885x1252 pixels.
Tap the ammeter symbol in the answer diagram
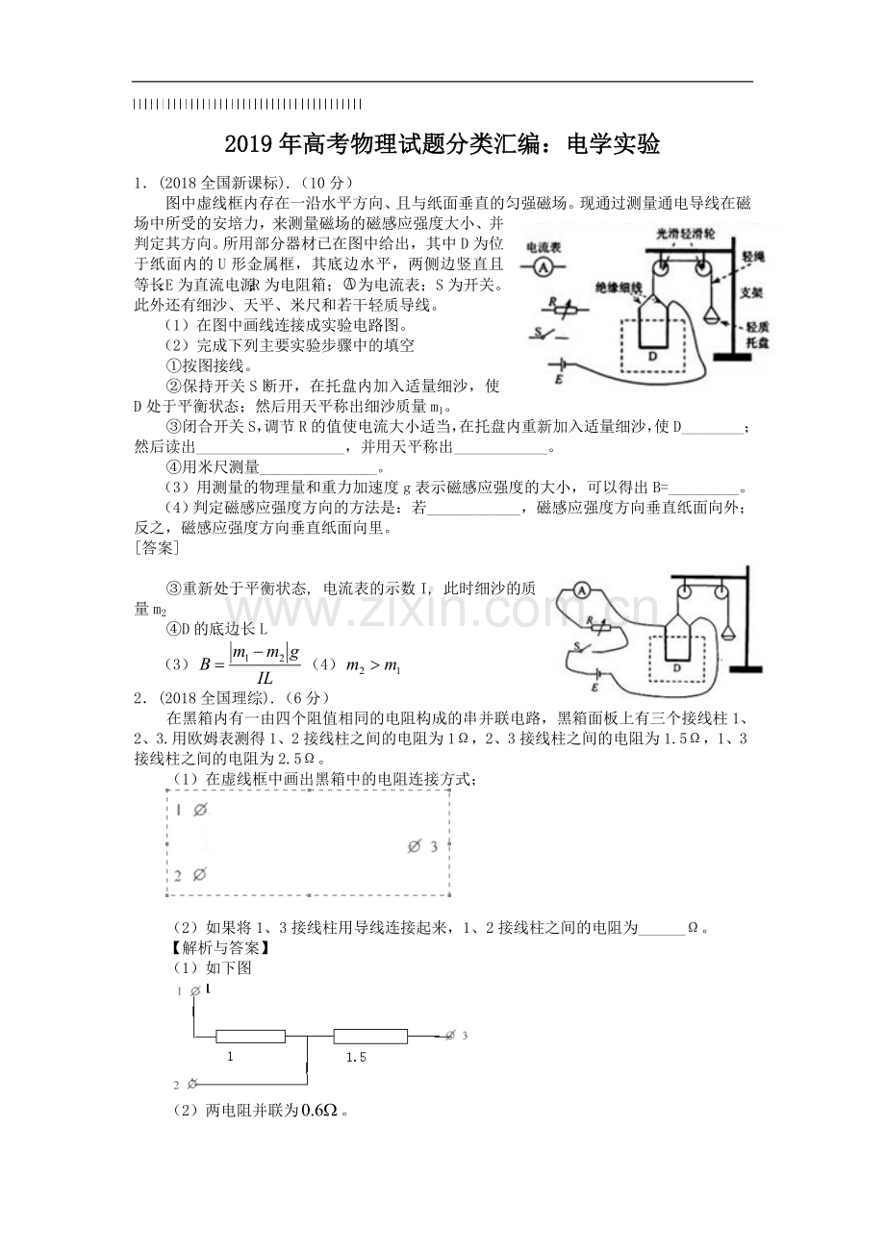(x=581, y=590)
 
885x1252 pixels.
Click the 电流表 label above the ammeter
(x=543, y=247)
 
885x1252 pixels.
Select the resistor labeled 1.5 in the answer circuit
(x=370, y=1037)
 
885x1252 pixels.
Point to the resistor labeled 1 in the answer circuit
(x=250, y=1037)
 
